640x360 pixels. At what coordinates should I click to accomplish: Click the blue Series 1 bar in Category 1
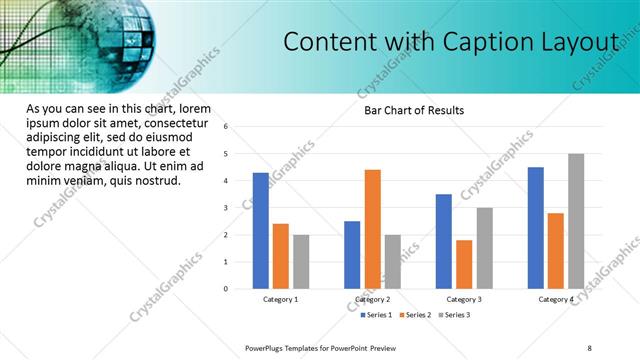(x=261, y=231)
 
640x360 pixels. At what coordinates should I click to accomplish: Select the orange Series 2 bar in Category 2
(x=372, y=229)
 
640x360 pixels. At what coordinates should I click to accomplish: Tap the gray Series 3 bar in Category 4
(x=576, y=221)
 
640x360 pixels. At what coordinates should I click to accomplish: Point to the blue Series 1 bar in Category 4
(x=536, y=228)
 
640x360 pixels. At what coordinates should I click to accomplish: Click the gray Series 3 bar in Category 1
(x=301, y=262)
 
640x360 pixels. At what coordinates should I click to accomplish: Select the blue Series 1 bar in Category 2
(x=352, y=255)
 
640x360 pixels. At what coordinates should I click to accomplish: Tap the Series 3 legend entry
(x=455, y=315)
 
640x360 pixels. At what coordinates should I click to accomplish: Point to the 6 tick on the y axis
(x=227, y=127)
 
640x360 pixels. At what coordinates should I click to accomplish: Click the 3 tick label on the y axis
(x=227, y=208)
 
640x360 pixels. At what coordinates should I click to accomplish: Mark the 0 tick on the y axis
(x=227, y=289)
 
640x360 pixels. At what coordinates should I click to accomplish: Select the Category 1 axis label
(x=281, y=299)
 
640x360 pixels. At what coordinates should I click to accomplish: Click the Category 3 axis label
(x=464, y=299)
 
